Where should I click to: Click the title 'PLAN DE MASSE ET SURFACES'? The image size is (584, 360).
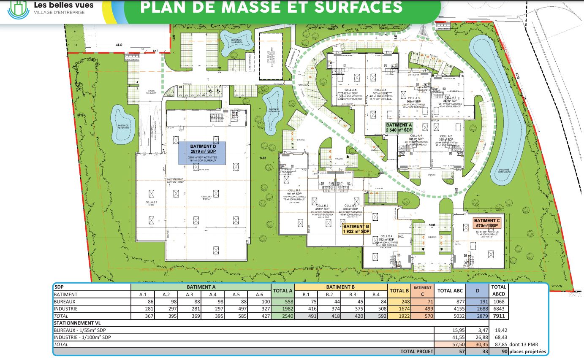pyautogui.click(x=271, y=7)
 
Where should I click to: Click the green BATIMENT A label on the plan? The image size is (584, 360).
pyautogui.click(x=399, y=128)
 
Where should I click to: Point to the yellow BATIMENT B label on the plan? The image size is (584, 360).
pyautogui.click(x=356, y=229)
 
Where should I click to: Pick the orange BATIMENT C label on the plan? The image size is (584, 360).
pyautogui.click(x=487, y=223)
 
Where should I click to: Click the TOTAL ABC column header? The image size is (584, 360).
pyautogui.click(x=451, y=291)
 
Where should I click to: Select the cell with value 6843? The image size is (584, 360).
pyautogui.click(x=499, y=309)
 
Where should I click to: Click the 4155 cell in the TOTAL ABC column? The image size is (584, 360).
pyautogui.click(x=460, y=309)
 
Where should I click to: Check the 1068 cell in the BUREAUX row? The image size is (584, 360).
pyautogui.click(x=499, y=302)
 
